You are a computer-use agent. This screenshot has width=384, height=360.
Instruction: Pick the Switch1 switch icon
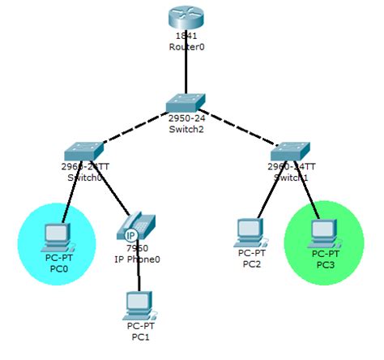click(x=290, y=151)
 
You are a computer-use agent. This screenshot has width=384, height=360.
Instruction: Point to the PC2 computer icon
click(x=250, y=232)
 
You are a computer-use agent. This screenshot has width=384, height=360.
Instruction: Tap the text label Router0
click(x=186, y=47)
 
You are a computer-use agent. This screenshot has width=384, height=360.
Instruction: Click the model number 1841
click(x=186, y=36)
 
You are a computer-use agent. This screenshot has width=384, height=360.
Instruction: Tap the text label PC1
click(x=139, y=336)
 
